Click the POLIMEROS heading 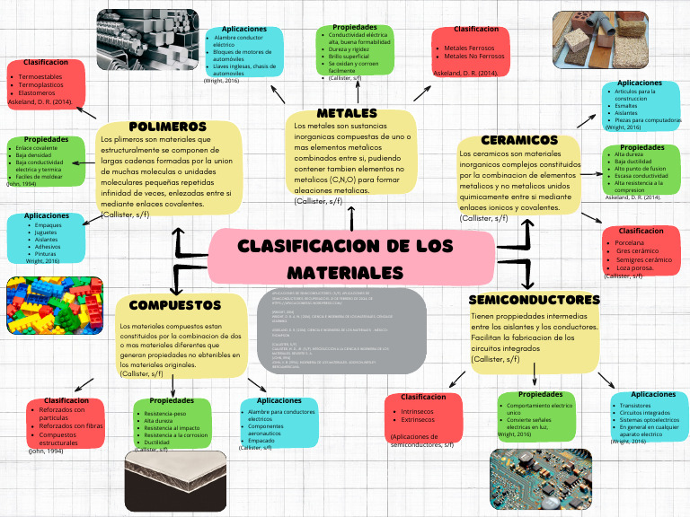pyautogui.click(x=167, y=127)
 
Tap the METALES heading pyautogui.click(x=347, y=113)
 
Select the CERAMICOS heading pyautogui.click(x=519, y=140)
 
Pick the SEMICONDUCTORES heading pyautogui.click(x=534, y=299)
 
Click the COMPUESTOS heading pyautogui.click(x=174, y=305)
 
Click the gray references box pyautogui.click(x=346, y=329)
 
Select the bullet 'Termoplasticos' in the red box pyautogui.click(x=41, y=85)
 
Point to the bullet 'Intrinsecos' pyautogui.click(x=417, y=410)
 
